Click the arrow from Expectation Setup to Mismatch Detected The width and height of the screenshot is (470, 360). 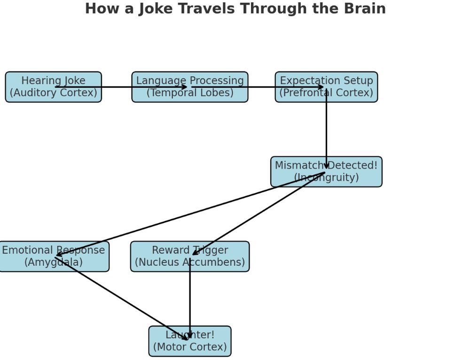tap(326, 129)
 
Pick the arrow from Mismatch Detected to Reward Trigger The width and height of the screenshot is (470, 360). tap(258, 214)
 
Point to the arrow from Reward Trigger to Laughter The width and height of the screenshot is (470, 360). tap(190, 301)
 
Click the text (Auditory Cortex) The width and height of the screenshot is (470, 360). tap(53, 93)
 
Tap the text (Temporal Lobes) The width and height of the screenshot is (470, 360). tap(190, 93)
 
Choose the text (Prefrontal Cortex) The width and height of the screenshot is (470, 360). tap(326, 93)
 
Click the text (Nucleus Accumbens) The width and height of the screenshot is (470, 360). tap(190, 263)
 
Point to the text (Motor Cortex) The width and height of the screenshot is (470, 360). tap(190, 347)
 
